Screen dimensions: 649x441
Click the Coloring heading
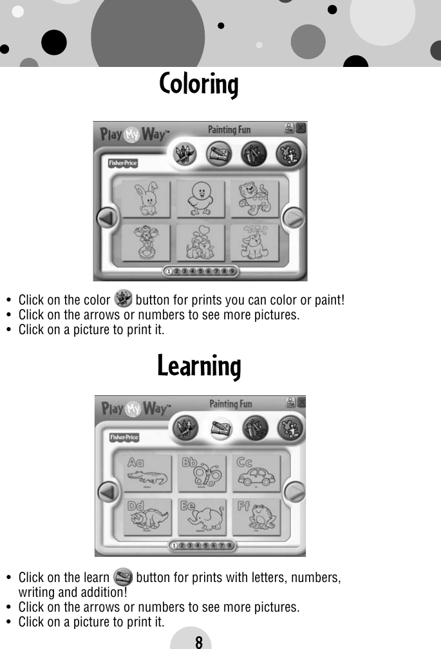(199, 84)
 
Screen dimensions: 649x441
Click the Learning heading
(199, 366)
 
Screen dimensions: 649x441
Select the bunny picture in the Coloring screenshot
(144, 198)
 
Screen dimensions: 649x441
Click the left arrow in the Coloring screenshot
(107, 219)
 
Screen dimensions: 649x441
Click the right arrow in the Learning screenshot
(295, 493)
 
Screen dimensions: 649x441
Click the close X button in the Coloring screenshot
(301, 127)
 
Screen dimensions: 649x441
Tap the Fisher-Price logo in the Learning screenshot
(124, 437)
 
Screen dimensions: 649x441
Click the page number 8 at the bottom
(198, 641)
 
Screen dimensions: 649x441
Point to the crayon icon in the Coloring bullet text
(122, 299)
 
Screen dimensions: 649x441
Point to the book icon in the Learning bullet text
(122, 576)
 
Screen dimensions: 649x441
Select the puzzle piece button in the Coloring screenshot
(285, 155)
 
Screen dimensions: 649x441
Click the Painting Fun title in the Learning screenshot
(230, 404)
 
